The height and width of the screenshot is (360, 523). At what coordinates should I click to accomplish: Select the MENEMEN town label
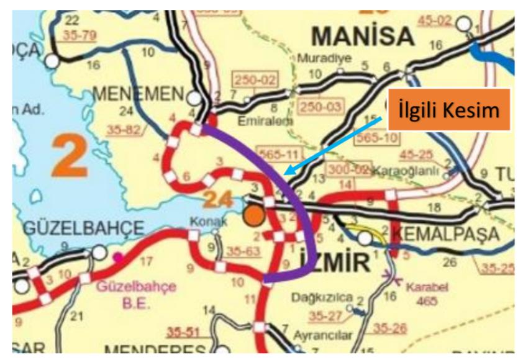coord(138,94)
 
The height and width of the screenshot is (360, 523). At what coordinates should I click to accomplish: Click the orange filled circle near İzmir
coord(253,215)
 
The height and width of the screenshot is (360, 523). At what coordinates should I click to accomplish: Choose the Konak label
coord(205,220)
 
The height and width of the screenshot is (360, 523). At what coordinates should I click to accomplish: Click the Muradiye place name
coord(325,59)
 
